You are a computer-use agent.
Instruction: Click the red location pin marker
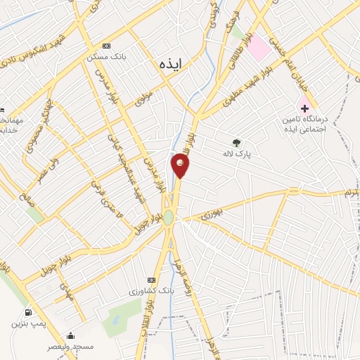point(180,166)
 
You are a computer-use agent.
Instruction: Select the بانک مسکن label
point(103,56)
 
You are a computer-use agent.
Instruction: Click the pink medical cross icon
point(304,108)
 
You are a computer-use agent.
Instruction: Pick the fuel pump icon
point(27,312)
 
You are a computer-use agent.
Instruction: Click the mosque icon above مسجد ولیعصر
point(70,336)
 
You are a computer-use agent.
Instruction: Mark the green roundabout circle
point(169,218)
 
